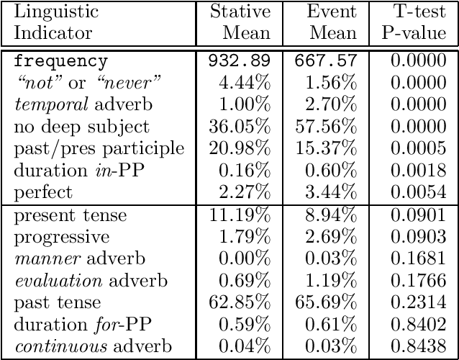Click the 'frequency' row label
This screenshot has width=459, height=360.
[61, 62]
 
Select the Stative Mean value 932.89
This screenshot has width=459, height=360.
[239, 62]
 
